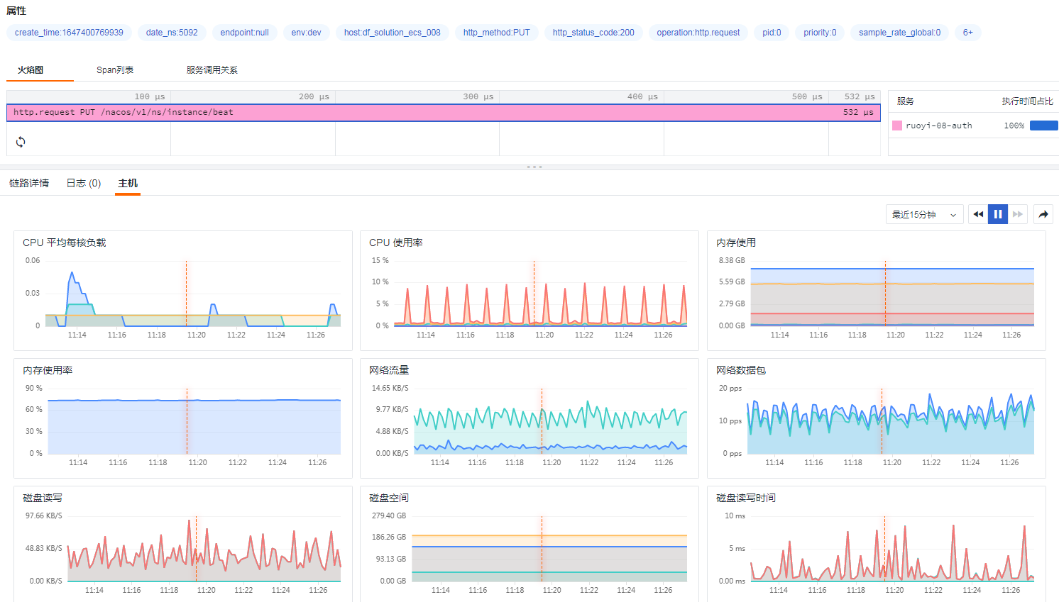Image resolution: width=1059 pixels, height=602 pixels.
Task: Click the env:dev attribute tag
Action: tap(306, 33)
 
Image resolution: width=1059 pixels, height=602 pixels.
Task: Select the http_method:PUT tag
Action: tap(496, 33)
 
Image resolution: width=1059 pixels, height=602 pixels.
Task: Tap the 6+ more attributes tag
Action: tap(967, 33)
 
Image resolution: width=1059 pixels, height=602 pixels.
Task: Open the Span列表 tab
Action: tap(115, 70)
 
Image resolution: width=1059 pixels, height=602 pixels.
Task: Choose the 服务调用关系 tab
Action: tap(212, 70)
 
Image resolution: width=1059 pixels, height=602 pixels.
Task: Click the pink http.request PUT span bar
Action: tap(443, 113)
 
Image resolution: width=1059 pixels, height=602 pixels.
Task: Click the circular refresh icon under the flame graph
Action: tap(21, 142)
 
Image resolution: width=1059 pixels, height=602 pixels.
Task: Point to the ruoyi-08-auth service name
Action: tap(938, 126)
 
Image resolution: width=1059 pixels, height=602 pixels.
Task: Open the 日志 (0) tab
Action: tap(84, 184)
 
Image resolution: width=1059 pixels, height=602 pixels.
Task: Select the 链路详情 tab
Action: tap(29, 184)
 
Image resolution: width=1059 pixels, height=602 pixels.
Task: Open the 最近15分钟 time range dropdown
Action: tap(923, 214)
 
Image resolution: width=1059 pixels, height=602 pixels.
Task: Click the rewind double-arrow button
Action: tap(978, 214)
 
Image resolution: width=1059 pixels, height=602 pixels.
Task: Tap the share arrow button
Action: tap(1043, 214)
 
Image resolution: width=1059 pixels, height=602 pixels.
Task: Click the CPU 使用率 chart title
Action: tap(395, 243)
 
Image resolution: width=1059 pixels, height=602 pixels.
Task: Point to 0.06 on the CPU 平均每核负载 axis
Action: tap(33, 261)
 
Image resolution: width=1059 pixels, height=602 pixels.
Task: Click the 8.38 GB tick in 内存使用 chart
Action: tap(731, 261)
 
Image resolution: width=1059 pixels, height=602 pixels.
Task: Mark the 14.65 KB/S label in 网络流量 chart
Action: tap(390, 389)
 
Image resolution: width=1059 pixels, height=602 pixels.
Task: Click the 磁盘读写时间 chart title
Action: tap(745, 498)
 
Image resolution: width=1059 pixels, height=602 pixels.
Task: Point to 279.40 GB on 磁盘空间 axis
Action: tap(389, 516)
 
